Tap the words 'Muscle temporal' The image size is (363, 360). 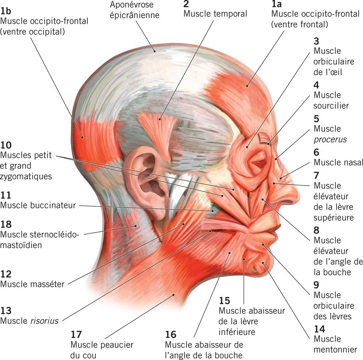click(215, 14)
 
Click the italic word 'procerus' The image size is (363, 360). click(330, 139)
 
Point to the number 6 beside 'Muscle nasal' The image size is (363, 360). click(316, 152)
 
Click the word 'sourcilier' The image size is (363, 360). click(331, 106)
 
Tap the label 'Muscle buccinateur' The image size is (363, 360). click(38, 205)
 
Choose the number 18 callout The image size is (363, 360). click(6, 224)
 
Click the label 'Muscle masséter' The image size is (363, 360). click(32, 284)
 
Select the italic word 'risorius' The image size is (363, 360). click(45, 321)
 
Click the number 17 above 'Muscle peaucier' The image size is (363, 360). click(76, 334)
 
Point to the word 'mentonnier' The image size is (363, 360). click(335, 350)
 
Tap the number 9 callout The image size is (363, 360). click(316, 285)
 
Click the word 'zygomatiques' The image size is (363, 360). click(26, 176)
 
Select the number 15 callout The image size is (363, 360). click(224, 301)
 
